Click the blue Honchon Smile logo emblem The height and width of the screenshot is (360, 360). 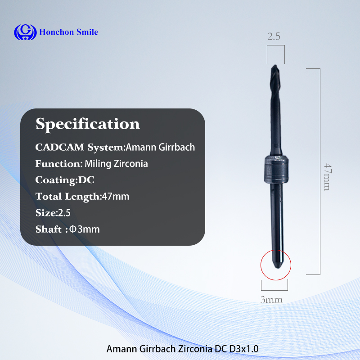tap(25, 32)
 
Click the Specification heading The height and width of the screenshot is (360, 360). tap(88, 124)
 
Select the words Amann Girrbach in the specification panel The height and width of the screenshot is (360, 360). tap(160, 147)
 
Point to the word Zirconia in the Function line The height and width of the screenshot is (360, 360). tap(130, 164)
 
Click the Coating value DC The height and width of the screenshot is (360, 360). tap(86, 180)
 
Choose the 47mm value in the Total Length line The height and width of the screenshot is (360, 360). tap(116, 197)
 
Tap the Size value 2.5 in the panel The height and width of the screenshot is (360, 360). tap(64, 213)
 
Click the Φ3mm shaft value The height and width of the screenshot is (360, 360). tap(84, 229)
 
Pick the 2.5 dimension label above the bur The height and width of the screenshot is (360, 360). tap(274, 36)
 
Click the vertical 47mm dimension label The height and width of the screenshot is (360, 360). tap(328, 177)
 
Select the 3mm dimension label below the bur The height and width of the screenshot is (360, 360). tap(271, 300)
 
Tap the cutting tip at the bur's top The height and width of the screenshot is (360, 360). tap(274, 67)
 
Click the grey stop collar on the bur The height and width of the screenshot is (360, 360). tap(276, 170)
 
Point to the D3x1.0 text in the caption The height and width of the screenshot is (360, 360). tap(244, 349)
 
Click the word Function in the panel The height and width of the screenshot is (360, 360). tap(58, 164)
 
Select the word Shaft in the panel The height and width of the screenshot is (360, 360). tap(49, 229)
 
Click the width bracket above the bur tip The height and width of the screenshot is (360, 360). tap(276, 45)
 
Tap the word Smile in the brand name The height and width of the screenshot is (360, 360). tap(87, 32)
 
